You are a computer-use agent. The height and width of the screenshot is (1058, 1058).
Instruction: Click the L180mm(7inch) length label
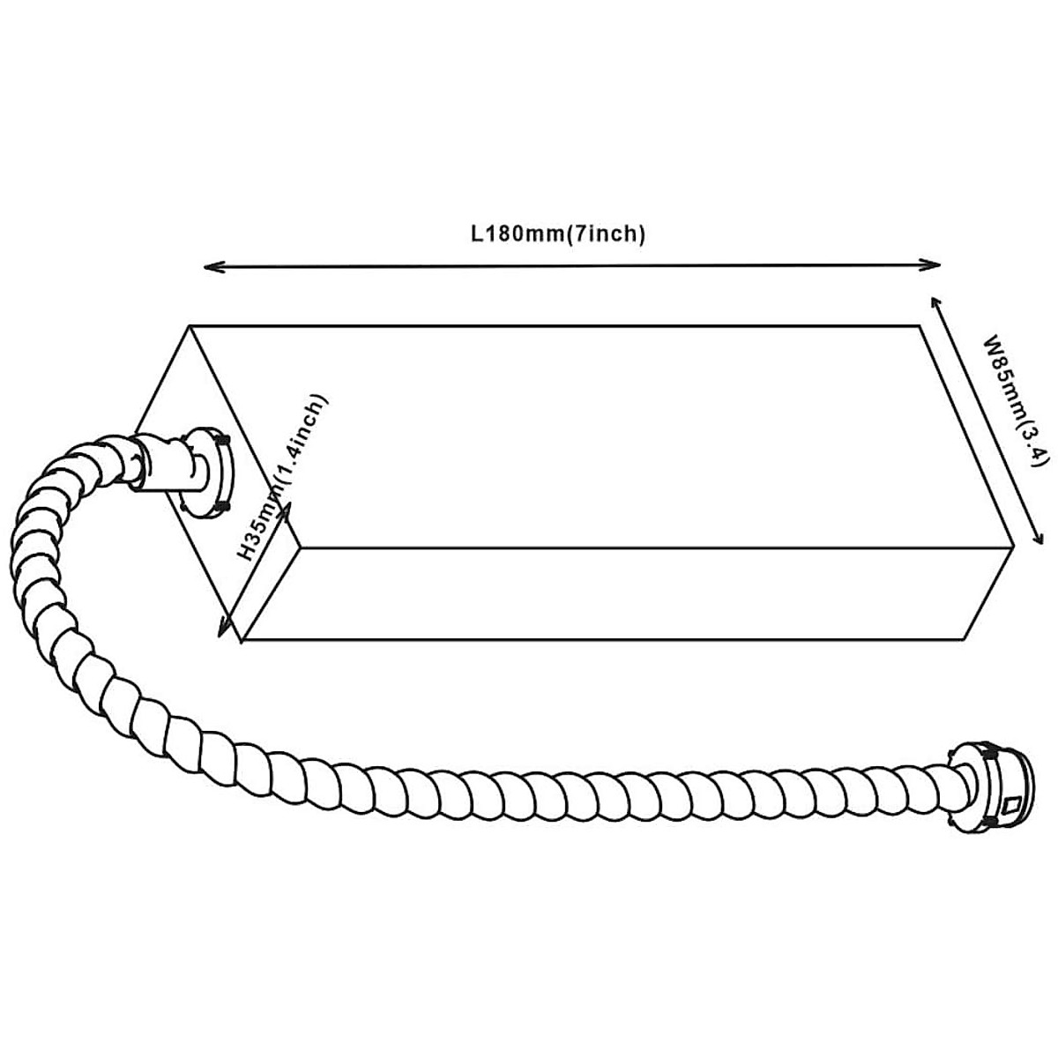[558, 235]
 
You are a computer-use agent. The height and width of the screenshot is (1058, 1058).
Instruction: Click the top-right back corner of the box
[921, 325]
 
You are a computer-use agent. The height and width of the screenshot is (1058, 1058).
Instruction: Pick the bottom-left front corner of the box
[242, 639]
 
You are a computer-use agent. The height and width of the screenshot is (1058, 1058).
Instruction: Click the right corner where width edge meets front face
[1015, 547]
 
